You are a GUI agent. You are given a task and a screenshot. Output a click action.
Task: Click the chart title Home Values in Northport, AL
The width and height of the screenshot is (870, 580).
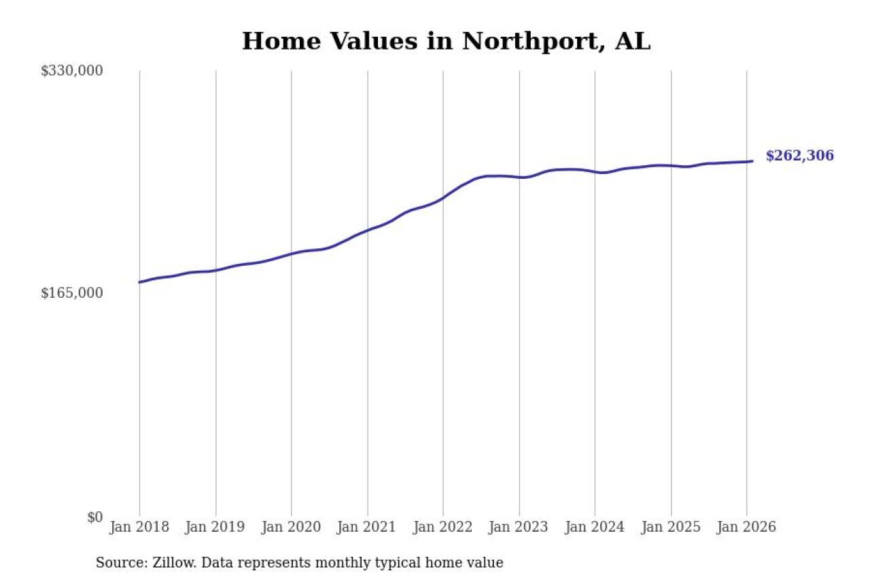446,41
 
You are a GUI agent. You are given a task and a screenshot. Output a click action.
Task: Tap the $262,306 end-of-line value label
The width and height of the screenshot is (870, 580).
799,156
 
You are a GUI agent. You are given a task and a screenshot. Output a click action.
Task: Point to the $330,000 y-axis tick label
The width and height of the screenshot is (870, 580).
71,71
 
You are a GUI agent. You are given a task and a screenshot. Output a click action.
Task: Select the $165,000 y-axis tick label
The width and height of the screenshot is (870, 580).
71,293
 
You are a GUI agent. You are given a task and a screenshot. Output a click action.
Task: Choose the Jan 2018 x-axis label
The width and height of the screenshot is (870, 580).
139,528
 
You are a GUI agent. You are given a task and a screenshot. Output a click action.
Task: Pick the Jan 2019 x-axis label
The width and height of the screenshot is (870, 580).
215,528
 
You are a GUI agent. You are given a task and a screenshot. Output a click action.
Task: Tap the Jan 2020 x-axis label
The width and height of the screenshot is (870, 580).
292,528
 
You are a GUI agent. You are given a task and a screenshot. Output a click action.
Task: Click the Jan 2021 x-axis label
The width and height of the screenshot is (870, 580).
368,528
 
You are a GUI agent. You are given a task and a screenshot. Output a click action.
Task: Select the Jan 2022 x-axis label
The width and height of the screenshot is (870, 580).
443,528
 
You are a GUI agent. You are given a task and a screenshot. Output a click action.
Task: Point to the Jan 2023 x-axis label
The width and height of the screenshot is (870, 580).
519,528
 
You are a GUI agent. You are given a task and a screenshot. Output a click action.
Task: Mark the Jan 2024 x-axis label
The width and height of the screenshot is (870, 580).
595,528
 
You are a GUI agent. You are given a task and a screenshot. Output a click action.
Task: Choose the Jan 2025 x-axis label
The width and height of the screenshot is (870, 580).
671,528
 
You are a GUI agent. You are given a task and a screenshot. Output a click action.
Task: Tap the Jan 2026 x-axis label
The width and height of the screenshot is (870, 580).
746,528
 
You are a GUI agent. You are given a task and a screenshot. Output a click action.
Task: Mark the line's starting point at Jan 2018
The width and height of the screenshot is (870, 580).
139,282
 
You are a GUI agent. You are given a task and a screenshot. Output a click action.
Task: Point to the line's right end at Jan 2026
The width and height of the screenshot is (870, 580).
752,161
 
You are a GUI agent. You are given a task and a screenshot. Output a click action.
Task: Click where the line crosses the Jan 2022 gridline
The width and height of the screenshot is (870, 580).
443,198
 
